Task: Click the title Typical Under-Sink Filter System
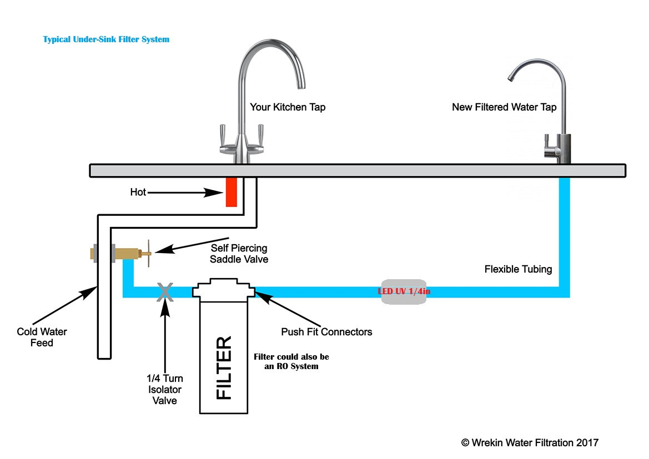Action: coord(106,39)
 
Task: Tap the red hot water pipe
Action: coord(232,192)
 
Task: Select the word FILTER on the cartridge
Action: coord(224,367)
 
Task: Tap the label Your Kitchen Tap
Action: coord(287,107)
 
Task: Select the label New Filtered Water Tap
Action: coord(504,107)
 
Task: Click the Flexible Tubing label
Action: coord(518,269)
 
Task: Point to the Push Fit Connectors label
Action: coord(326,332)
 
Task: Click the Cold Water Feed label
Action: coord(42,337)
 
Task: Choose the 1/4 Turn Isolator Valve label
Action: coord(164,389)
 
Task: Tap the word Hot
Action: coord(138,192)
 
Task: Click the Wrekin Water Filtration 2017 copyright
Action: coord(530,442)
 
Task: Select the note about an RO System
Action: coord(291,361)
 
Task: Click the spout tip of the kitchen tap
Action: coord(300,84)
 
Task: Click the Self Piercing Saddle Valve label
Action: coord(239,253)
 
